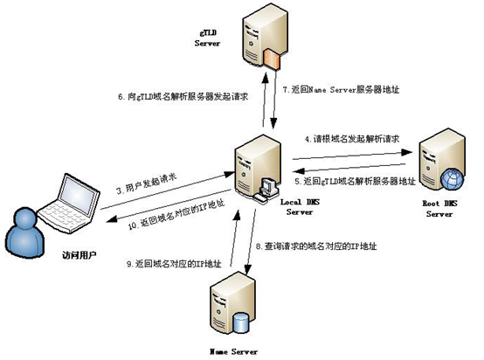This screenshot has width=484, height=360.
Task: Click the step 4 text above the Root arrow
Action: pos(349,139)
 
